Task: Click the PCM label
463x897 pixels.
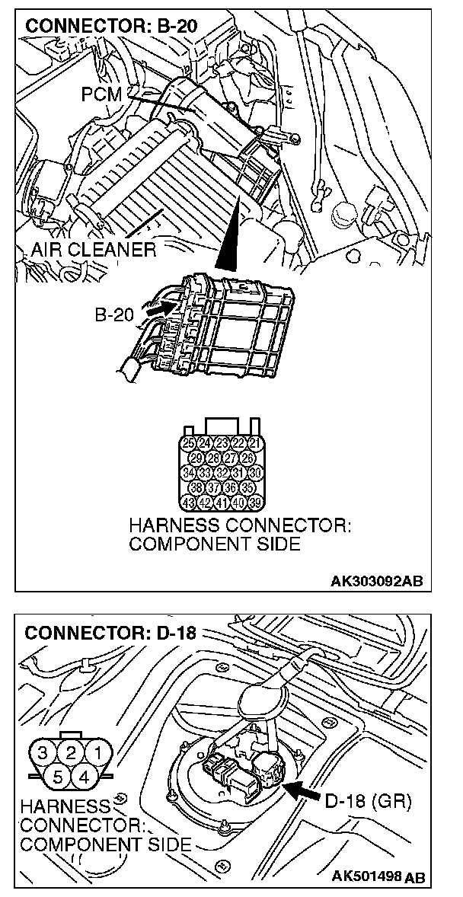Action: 101,94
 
